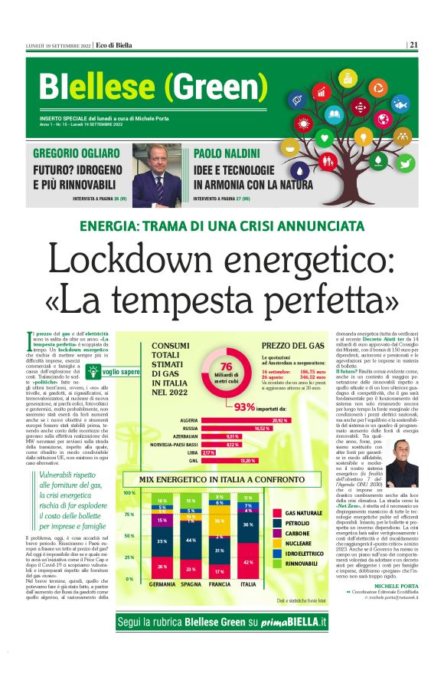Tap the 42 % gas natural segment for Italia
coord(248,561)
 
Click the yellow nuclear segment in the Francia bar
coord(219,521)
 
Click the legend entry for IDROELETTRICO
coord(307,552)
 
